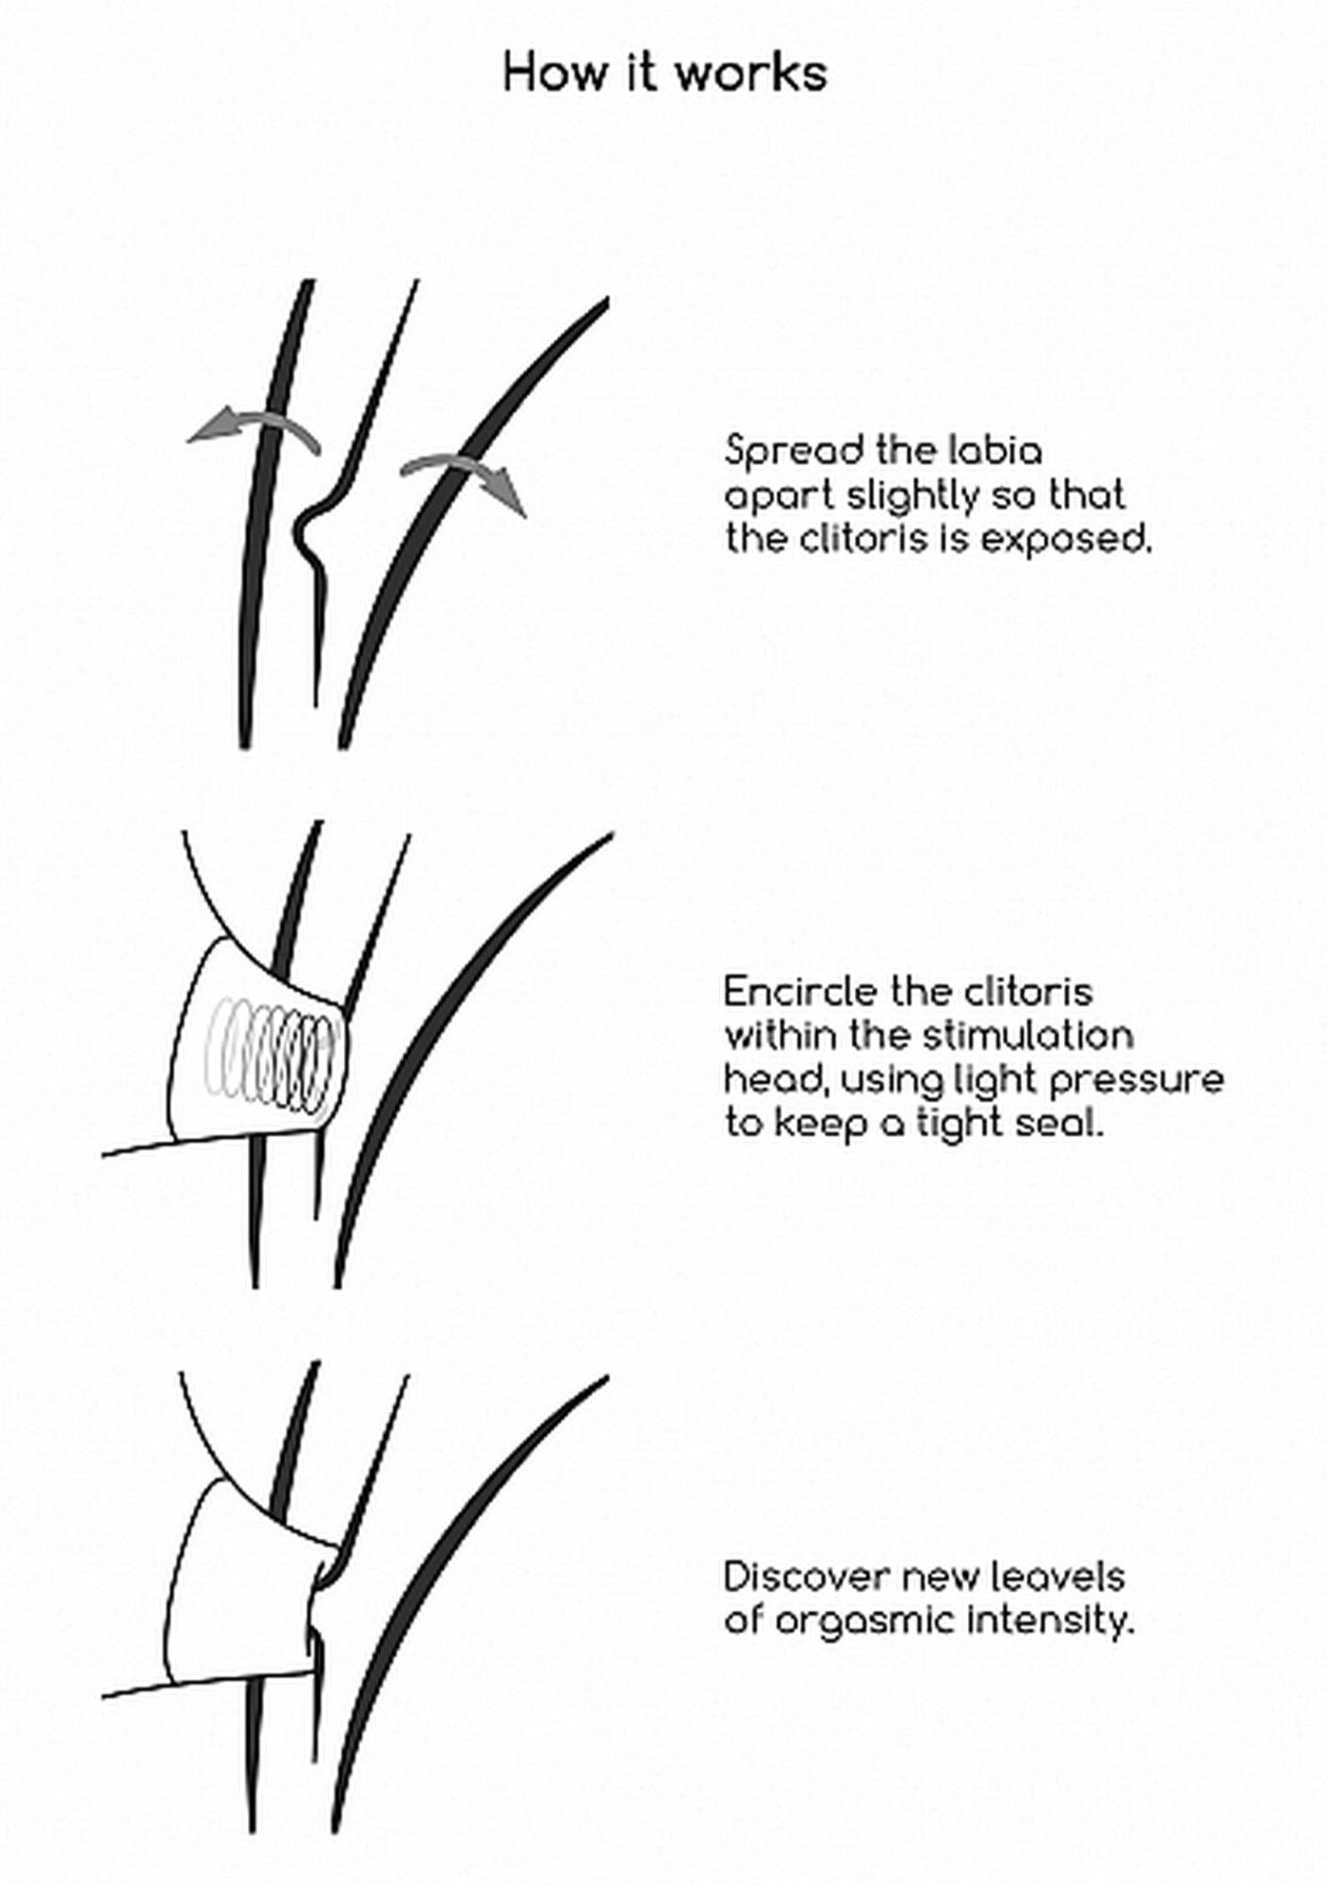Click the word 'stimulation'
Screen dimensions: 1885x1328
(x=1026, y=1036)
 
